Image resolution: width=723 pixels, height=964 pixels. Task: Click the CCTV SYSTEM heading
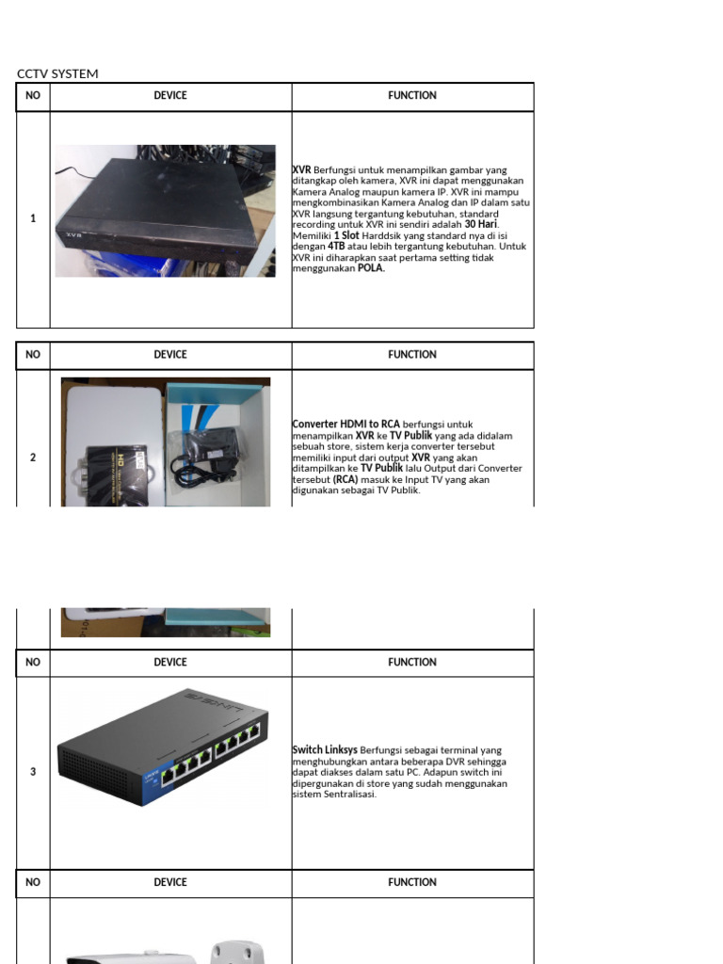coord(57,73)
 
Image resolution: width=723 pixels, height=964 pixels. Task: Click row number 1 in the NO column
coord(33,218)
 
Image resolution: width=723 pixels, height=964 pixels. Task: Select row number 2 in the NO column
coord(33,458)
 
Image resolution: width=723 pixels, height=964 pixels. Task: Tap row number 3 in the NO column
coord(33,772)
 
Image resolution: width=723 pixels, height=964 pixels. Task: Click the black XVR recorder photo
coord(165,211)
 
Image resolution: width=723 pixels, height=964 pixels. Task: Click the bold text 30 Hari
coord(480,225)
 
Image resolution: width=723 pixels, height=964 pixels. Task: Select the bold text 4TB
coord(337,247)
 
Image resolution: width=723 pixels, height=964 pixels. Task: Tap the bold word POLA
coord(371,268)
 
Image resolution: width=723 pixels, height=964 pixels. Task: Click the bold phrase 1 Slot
coord(346,235)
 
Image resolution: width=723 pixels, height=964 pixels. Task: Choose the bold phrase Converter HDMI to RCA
coord(346,425)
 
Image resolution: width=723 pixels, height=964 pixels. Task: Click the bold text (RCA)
coord(345,479)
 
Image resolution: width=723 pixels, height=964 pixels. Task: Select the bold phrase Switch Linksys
coord(325,750)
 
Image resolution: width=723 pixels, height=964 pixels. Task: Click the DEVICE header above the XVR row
coord(170,95)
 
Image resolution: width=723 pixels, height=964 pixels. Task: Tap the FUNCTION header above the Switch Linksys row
coord(412,662)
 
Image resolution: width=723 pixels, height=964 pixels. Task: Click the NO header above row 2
coord(33,355)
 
